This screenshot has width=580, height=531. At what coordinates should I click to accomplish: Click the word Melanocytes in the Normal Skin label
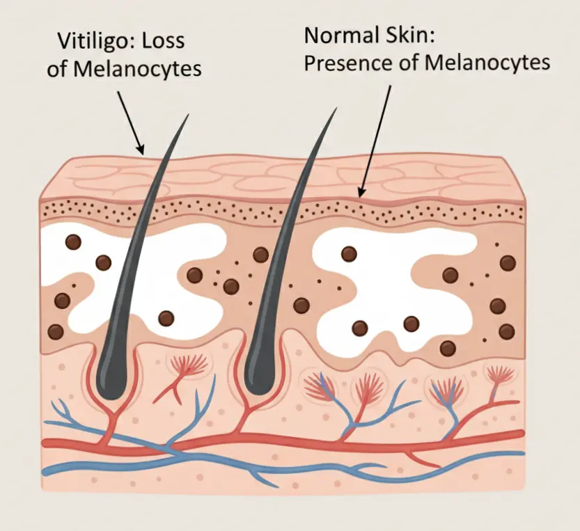coord(487,63)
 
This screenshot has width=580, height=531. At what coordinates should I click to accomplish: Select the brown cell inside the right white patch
coord(348,255)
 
